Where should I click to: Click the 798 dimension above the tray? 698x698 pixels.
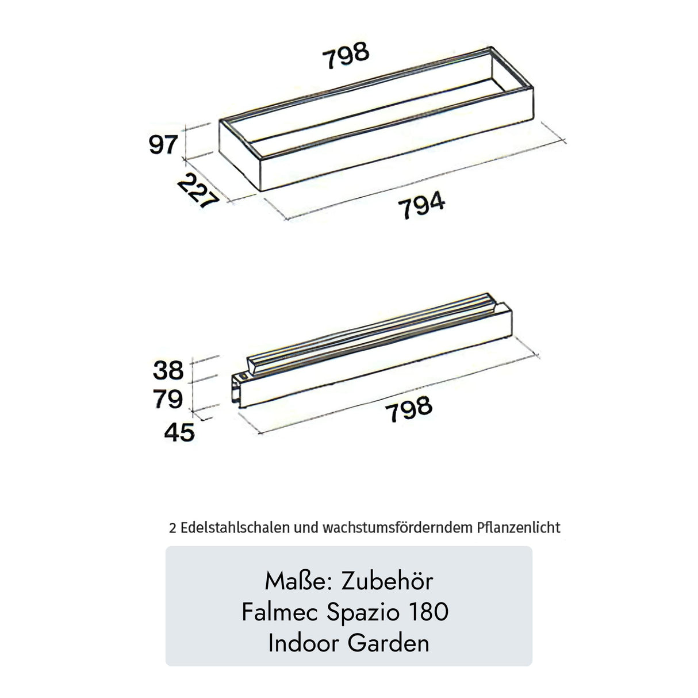tap(346, 55)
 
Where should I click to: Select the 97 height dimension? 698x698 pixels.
tap(163, 144)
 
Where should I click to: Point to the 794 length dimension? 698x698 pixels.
tap(421, 205)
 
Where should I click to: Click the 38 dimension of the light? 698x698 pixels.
tap(168, 370)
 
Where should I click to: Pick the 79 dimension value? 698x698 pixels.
tap(167, 399)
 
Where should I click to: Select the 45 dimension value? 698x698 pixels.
tap(179, 432)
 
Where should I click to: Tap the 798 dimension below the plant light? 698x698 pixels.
tap(409, 409)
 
